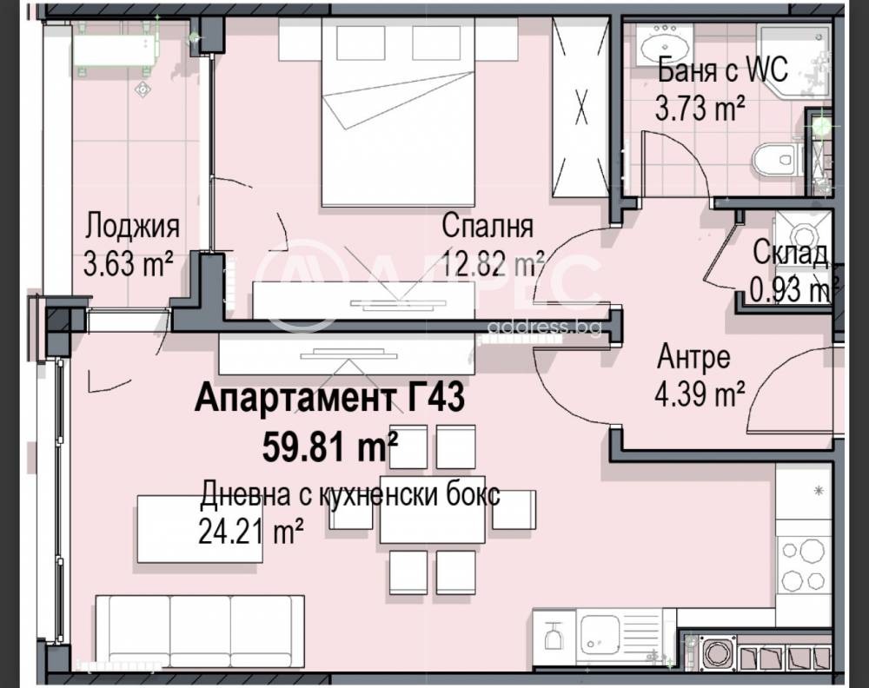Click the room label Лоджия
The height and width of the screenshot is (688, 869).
click(x=132, y=227)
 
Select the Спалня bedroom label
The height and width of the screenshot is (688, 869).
click(x=488, y=226)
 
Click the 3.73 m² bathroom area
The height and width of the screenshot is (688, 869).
click(x=700, y=108)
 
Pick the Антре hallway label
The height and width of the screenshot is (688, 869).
click(x=693, y=357)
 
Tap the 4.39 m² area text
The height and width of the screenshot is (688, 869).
click(x=700, y=394)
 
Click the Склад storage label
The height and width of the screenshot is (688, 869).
click(x=791, y=254)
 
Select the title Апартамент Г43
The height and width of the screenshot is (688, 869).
click(x=329, y=398)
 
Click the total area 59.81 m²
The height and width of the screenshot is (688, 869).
click(x=330, y=447)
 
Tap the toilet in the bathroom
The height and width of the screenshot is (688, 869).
click(x=775, y=159)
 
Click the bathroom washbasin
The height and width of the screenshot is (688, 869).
click(x=662, y=45)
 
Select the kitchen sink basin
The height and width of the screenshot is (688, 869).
click(x=599, y=632)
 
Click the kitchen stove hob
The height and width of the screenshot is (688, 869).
click(x=803, y=565)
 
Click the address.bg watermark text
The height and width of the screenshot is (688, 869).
click(x=543, y=327)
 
